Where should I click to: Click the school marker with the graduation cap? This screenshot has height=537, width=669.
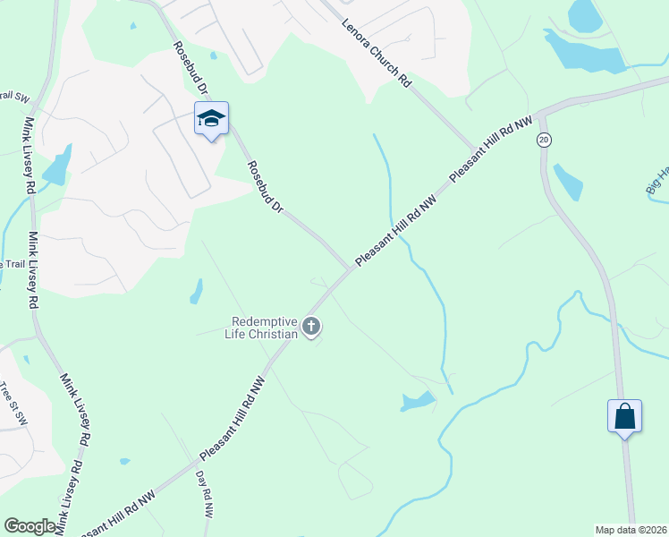point(212,119)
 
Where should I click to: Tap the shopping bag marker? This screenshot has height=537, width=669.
point(624,417)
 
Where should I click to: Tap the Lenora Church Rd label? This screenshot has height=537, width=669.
point(376,54)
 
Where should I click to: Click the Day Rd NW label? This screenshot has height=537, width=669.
point(204,495)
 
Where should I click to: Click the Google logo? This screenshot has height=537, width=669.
point(30,526)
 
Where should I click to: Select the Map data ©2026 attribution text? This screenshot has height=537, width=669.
point(631,530)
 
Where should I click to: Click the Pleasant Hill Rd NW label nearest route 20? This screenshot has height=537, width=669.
point(490,149)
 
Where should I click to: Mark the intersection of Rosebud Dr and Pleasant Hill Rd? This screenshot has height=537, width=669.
point(351,268)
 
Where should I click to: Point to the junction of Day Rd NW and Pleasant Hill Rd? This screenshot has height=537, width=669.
point(195,465)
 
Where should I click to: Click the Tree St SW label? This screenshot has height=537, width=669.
point(13,399)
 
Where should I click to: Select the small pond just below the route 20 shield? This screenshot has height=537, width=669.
point(568,182)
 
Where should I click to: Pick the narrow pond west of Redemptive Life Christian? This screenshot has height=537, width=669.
point(196,291)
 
